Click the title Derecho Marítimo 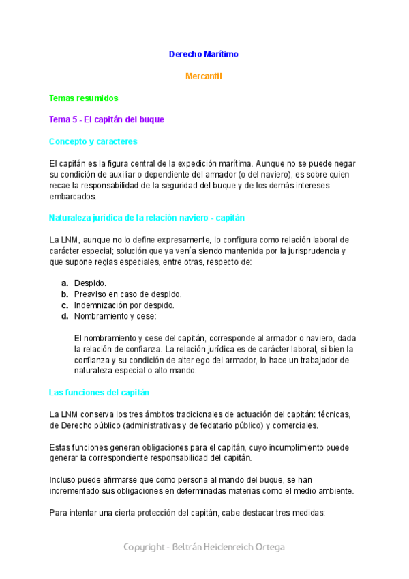pyautogui.click(x=204, y=54)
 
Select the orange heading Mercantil pyautogui.click(x=204, y=76)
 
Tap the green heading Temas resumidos pyautogui.click(x=84, y=98)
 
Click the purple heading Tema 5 pyautogui.click(x=106, y=119)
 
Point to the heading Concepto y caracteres pyautogui.click(x=93, y=141)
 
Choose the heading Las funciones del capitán pyautogui.click(x=100, y=393)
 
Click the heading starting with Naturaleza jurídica pyautogui.click(x=147, y=218)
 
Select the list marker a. pyautogui.click(x=64, y=283)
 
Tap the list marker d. pyautogui.click(x=64, y=316)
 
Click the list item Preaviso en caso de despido pyautogui.click(x=127, y=294)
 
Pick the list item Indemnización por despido pyautogui.click(x=124, y=305)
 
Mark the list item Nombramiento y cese pyautogui.click(x=115, y=316)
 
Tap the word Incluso pyautogui.click(x=63, y=480)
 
